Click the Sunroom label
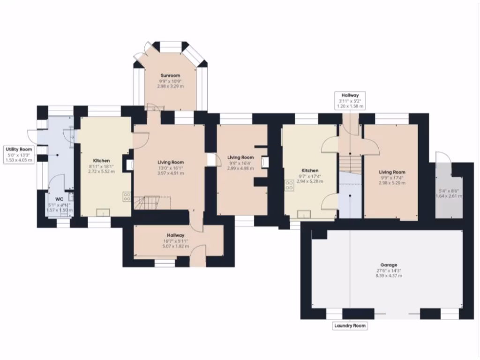(x=170, y=75)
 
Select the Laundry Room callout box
(x=350, y=325)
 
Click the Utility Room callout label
(x=19, y=149)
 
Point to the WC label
(x=59, y=199)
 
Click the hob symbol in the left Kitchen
(x=127, y=197)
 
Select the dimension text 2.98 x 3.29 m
(x=170, y=86)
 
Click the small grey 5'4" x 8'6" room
(x=448, y=192)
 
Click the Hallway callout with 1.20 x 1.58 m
(x=350, y=101)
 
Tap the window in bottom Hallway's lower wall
(x=165, y=263)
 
